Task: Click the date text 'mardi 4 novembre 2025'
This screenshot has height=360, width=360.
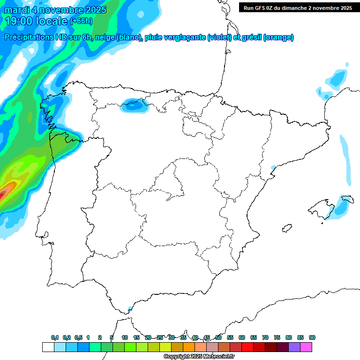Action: click(x=55, y=10)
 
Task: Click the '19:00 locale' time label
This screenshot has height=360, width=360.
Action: click(x=36, y=21)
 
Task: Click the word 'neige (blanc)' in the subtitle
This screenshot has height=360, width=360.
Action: click(x=117, y=37)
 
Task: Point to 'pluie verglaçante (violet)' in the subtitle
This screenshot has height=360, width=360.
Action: click(x=187, y=37)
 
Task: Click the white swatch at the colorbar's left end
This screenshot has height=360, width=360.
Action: click(x=48, y=347)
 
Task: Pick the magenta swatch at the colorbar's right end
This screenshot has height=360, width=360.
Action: click(x=306, y=347)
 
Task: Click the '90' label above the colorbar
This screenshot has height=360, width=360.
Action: click(x=312, y=337)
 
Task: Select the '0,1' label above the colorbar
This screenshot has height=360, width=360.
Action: click(x=55, y=337)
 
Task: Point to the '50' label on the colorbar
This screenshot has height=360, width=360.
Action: click(x=218, y=337)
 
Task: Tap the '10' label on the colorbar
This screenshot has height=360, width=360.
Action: click(x=125, y=337)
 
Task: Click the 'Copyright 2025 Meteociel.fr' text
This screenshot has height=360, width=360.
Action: click(x=199, y=357)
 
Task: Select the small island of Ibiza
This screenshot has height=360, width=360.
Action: click(x=285, y=229)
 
